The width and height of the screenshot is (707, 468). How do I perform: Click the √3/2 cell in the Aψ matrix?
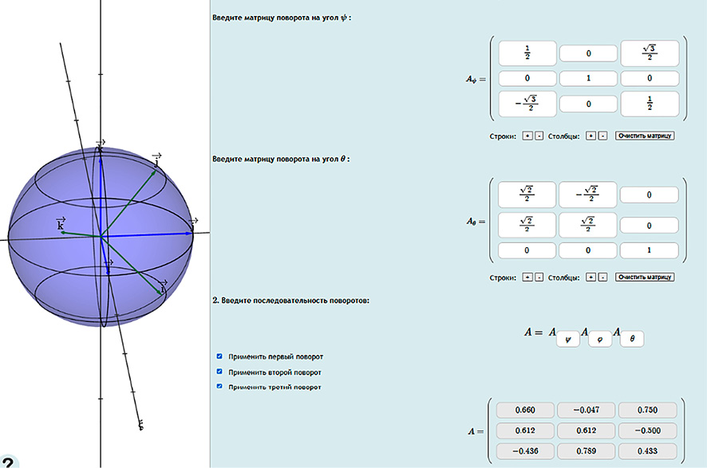pyautogui.click(x=650, y=53)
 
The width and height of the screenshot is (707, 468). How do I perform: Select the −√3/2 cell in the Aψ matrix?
pyautogui.click(x=527, y=104)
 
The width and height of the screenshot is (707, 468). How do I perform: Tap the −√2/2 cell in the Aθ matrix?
pyautogui.click(x=587, y=195)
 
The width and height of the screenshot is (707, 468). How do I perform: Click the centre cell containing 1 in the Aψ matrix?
pyautogui.click(x=588, y=78)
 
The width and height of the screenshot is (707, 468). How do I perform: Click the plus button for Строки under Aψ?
pyautogui.click(x=527, y=136)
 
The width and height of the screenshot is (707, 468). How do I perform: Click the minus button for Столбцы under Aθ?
pyautogui.click(x=602, y=277)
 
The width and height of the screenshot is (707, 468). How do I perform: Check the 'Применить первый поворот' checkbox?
pyautogui.click(x=219, y=356)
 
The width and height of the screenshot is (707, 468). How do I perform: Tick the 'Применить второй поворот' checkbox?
pyautogui.click(x=219, y=372)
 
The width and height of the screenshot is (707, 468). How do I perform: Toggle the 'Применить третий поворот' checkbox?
pyautogui.click(x=219, y=387)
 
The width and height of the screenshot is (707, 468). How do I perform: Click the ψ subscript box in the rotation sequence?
pyautogui.click(x=567, y=339)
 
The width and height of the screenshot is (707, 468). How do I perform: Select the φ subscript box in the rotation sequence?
pyautogui.click(x=600, y=339)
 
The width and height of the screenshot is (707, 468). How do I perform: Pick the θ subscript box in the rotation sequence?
pyautogui.click(x=632, y=339)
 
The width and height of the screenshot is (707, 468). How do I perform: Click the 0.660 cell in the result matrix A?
pyautogui.click(x=525, y=410)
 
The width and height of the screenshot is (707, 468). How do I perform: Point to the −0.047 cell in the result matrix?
pyautogui.click(x=587, y=410)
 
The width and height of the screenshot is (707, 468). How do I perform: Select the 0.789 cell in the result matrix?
pyautogui.click(x=587, y=451)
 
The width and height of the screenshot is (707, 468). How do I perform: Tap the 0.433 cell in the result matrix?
pyautogui.click(x=647, y=451)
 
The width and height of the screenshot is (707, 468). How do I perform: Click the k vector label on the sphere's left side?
pyautogui.click(x=61, y=224)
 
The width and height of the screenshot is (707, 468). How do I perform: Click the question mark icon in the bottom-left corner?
pyautogui.click(x=8, y=462)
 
